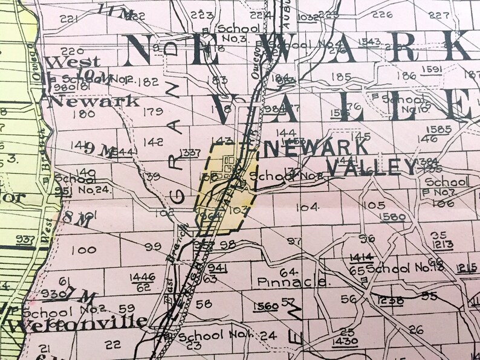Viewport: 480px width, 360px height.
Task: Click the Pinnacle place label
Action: [293, 281]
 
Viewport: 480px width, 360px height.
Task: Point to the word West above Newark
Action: [65, 62]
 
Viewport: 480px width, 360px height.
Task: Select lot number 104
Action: [307, 207]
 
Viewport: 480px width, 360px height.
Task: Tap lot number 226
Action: [382, 15]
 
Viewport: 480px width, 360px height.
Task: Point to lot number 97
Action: [294, 242]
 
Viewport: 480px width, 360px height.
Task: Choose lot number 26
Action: [415, 330]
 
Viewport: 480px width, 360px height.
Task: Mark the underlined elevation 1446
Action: [142, 277]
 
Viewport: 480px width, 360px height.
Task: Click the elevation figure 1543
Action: [369, 41]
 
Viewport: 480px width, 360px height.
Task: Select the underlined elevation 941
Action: [217, 267]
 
